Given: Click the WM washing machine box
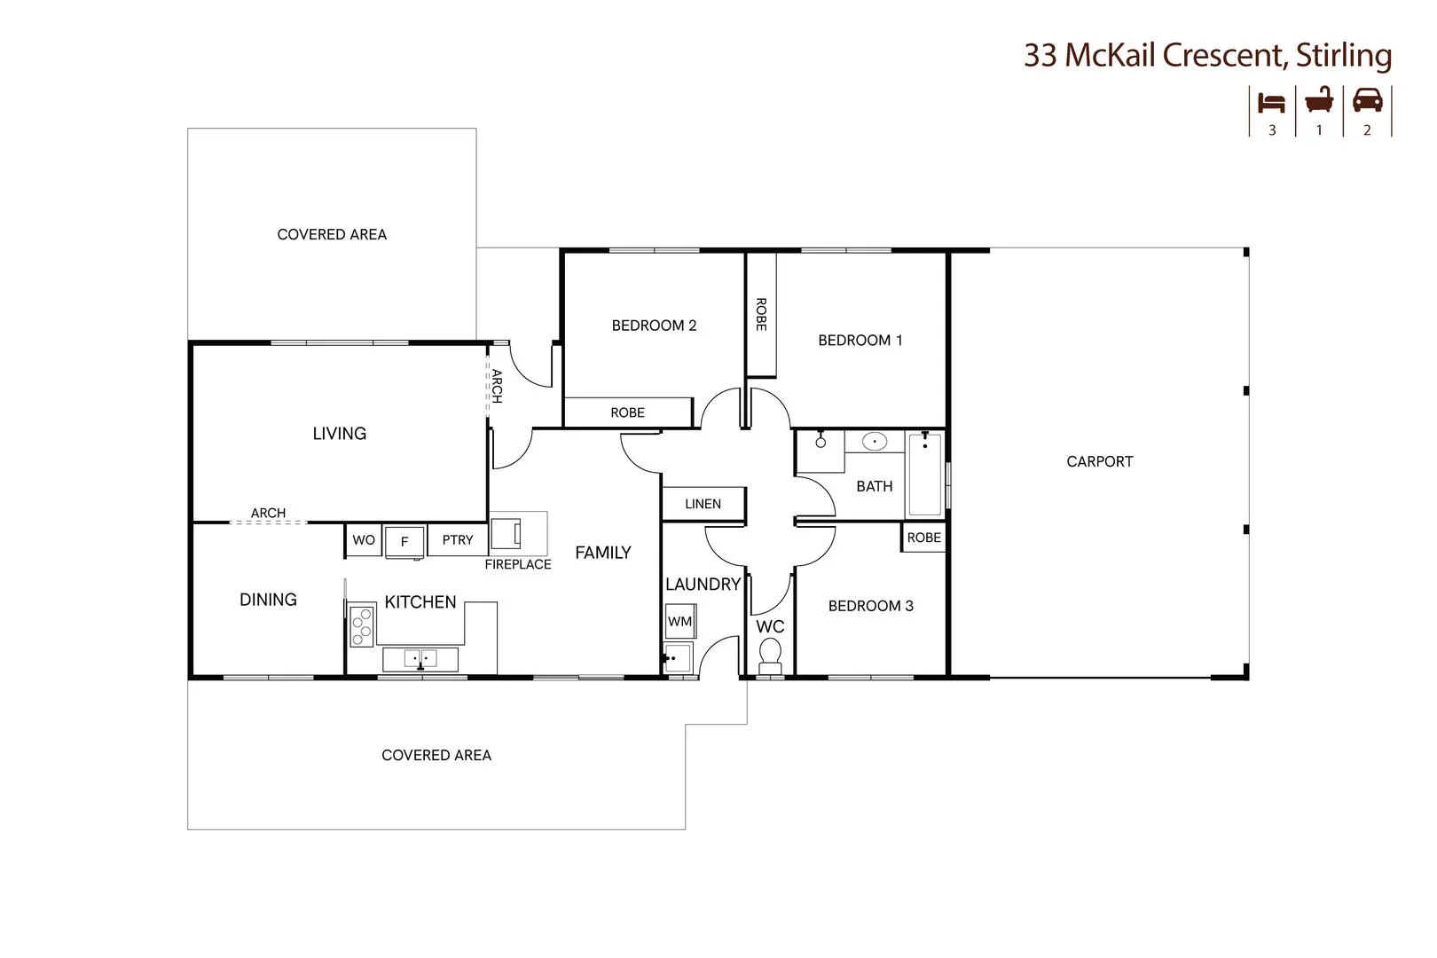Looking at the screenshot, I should tap(680, 621).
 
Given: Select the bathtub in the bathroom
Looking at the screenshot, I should tap(924, 474).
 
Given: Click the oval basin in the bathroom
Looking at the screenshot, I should tap(875, 441).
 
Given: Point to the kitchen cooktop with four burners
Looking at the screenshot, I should tap(361, 626).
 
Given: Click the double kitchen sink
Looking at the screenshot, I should tap(420, 659).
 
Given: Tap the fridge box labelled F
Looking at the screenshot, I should tap(404, 541).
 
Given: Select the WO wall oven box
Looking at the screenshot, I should tap(364, 540).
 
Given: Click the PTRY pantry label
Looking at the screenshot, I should tap(458, 539).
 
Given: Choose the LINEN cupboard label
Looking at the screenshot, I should tap(703, 504).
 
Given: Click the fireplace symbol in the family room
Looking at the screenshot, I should tap(507, 533).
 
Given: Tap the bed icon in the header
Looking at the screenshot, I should tap(1272, 103).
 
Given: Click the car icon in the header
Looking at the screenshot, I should tap(1367, 100).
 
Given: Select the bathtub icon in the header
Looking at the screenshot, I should tap(1319, 100).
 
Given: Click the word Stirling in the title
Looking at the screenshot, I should tap(1343, 55).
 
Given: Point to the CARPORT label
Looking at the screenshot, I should tap(1099, 461).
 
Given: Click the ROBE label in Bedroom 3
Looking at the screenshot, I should tap(923, 538).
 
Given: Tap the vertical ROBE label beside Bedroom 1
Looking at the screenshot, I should tap(760, 314).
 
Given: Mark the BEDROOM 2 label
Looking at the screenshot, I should tap(654, 326).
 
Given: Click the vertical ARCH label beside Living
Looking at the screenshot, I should tap(497, 386).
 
